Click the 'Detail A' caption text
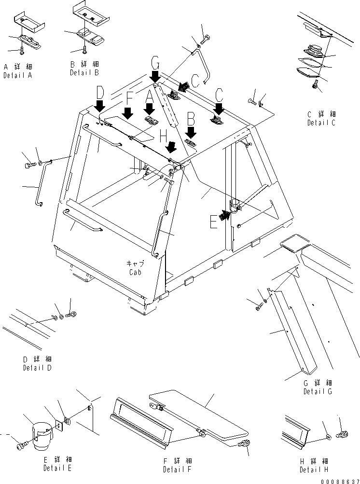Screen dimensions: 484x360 click(x=18, y=76)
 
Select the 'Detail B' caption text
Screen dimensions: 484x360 click(x=84, y=72)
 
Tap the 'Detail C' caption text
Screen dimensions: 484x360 click(x=321, y=123)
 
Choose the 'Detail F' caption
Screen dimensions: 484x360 click(x=177, y=470)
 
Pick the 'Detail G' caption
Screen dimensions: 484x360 click(x=318, y=392)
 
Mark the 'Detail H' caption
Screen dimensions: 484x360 click(x=314, y=470)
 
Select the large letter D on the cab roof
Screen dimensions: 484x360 click(x=99, y=92)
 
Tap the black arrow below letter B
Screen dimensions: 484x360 click(x=191, y=132)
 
